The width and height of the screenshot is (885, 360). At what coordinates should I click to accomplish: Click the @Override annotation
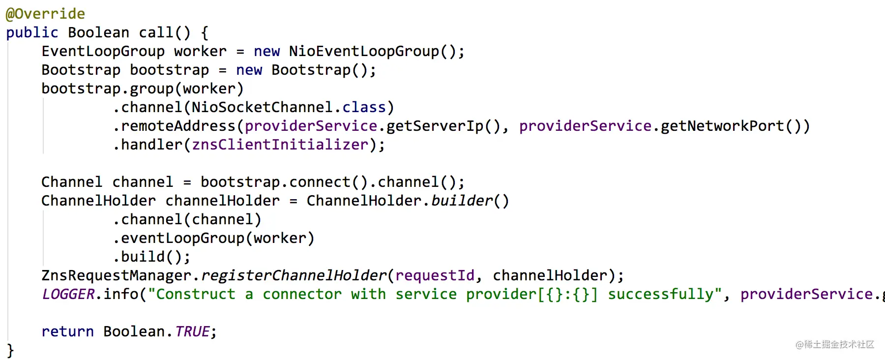point(45,14)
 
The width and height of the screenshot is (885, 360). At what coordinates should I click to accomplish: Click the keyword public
point(32,33)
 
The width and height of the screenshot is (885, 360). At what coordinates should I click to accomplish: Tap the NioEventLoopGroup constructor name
point(364,52)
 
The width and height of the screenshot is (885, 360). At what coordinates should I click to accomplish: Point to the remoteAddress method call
point(178,126)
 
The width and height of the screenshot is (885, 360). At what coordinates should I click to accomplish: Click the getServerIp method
point(435,126)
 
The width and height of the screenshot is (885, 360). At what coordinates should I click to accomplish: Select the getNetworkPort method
point(722,126)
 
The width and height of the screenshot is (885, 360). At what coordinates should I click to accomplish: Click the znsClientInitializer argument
point(280,145)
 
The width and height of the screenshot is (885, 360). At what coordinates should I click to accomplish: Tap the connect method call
point(320,182)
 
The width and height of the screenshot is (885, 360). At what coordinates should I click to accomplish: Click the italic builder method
point(462,201)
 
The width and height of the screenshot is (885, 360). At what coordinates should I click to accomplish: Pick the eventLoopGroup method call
point(182,239)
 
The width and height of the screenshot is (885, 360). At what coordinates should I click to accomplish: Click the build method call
point(143,257)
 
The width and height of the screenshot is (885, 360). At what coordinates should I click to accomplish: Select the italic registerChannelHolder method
point(294,276)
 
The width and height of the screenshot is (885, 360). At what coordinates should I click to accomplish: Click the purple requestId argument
point(435,276)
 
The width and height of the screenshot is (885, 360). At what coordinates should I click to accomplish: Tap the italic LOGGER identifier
point(68,294)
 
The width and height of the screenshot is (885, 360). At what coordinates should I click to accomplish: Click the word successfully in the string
point(660,295)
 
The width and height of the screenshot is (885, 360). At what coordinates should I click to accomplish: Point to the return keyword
point(67,332)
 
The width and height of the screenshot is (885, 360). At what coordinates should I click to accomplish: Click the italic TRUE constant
point(192,331)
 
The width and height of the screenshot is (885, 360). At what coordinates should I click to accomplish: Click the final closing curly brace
point(10,351)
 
